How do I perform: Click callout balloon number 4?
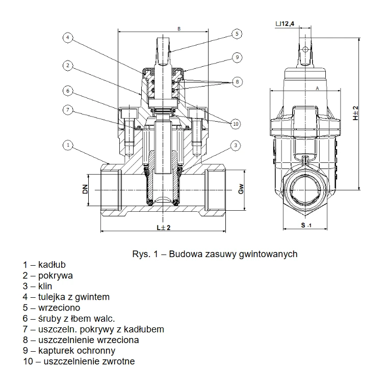(x=68, y=38)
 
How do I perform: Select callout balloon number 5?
(x=237, y=34)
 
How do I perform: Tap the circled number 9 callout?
(x=237, y=58)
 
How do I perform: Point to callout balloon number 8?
(x=237, y=81)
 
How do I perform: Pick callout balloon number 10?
(x=236, y=124)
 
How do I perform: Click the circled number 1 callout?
(x=68, y=145)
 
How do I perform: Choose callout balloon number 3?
(x=236, y=145)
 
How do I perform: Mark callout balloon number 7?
(x=68, y=109)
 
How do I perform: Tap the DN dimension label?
(x=85, y=189)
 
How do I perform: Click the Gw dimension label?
(x=241, y=189)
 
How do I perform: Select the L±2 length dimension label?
(x=164, y=228)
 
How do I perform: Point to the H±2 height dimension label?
(x=356, y=113)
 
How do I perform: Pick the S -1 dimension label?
(x=306, y=225)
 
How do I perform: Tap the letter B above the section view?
(x=179, y=29)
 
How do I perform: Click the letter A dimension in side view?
(x=317, y=88)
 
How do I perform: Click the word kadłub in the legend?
(x=52, y=265)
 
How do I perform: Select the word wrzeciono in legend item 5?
(x=59, y=308)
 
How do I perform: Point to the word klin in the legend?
(x=45, y=286)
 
